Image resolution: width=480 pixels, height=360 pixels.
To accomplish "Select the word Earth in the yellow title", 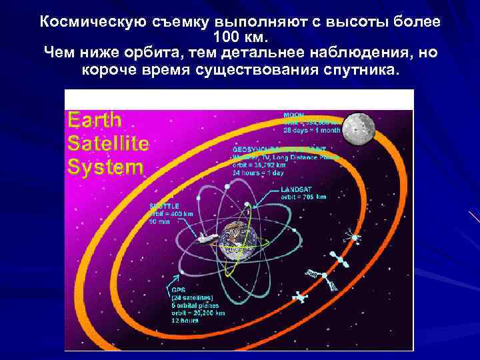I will [x=95, y=121].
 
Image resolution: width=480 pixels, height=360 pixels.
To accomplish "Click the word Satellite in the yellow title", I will [x=108, y=143].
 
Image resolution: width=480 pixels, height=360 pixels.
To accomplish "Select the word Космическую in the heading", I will [x=85, y=21].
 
